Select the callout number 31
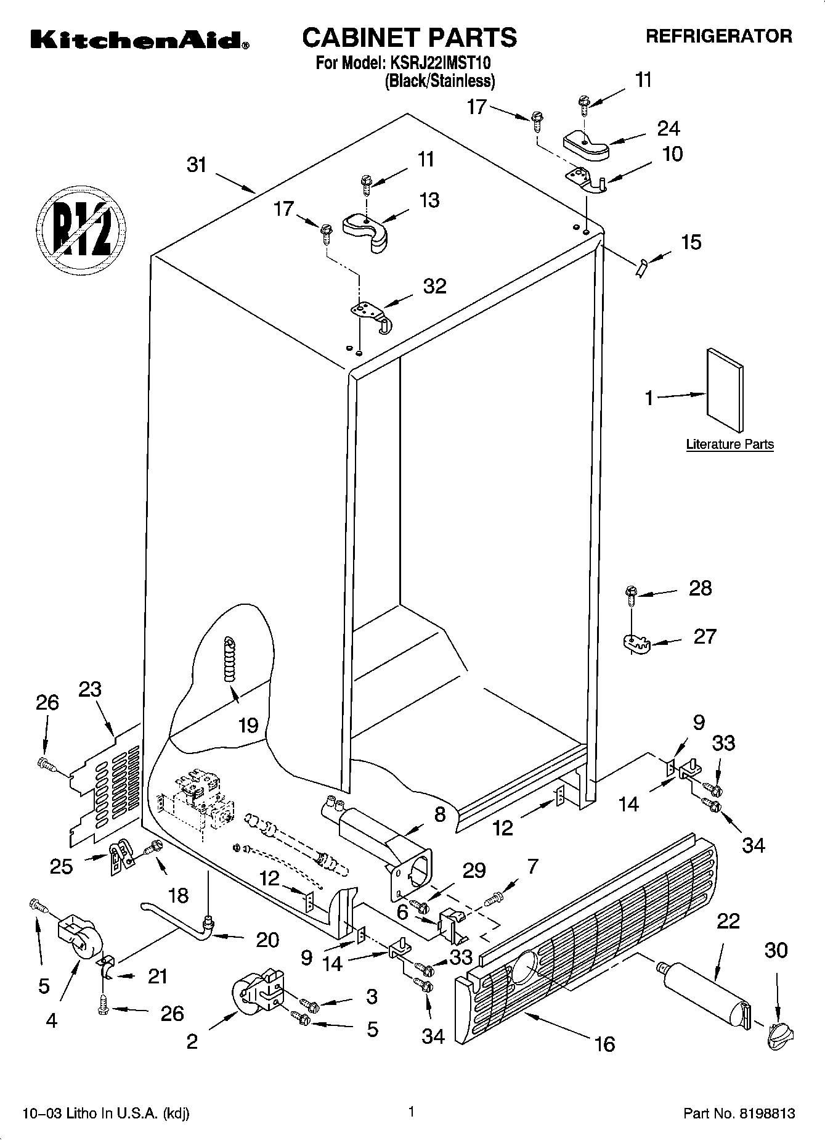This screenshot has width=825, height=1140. click(197, 165)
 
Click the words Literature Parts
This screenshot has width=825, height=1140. click(729, 445)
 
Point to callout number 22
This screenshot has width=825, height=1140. click(728, 921)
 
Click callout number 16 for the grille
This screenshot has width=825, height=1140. click(605, 1044)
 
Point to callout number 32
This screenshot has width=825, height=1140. click(434, 286)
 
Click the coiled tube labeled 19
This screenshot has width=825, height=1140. click(229, 660)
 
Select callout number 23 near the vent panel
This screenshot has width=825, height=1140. click(90, 689)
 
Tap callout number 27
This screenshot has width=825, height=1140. click(704, 636)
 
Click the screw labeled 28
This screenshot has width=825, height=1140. click(630, 593)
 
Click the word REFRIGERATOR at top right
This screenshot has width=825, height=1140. click(718, 36)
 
